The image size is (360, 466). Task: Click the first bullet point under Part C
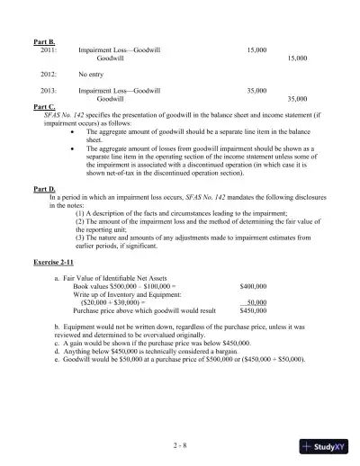[x=73, y=131]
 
